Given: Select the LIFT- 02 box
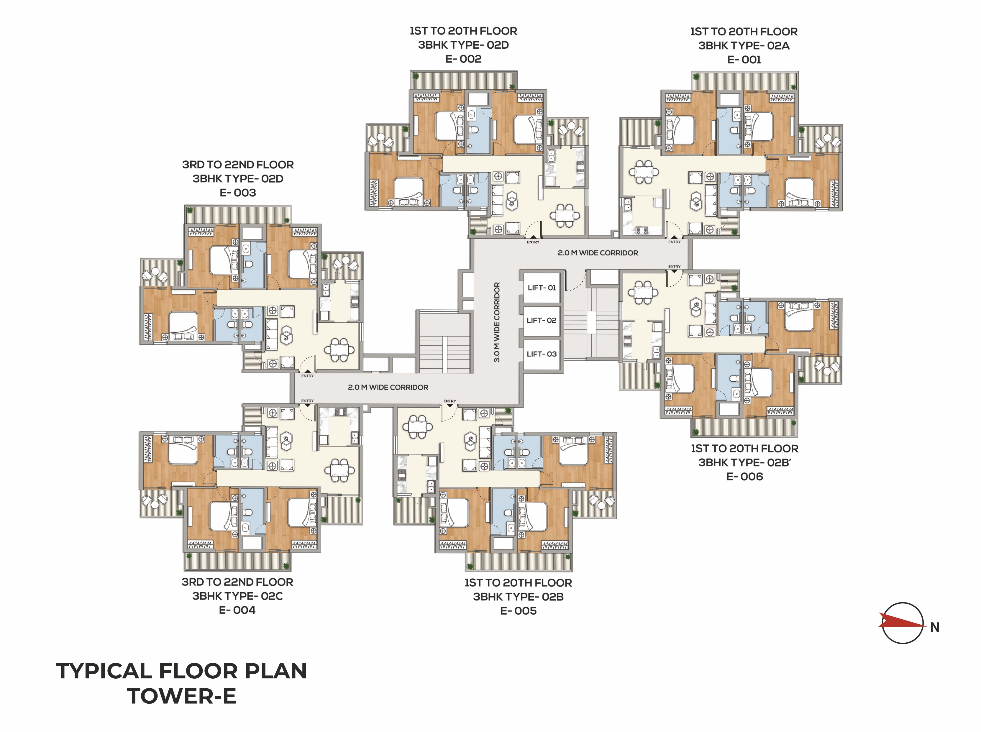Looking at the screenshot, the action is click(542, 320).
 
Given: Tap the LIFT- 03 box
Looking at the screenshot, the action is click(542, 354).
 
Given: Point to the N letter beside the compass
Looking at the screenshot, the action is click(934, 627).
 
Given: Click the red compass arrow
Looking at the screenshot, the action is click(902, 623).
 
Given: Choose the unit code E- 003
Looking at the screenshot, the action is click(238, 193).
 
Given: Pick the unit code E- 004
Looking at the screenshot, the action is click(237, 610).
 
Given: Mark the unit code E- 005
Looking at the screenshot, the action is click(519, 611).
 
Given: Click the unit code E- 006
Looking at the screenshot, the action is click(744, 477).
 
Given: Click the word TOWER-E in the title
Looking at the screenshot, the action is click(182, 696).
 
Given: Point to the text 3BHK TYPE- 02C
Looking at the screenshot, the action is click(237, 596).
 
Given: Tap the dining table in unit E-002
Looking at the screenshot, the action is click(565, 215).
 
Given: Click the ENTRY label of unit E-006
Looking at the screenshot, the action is click(674, 267).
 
